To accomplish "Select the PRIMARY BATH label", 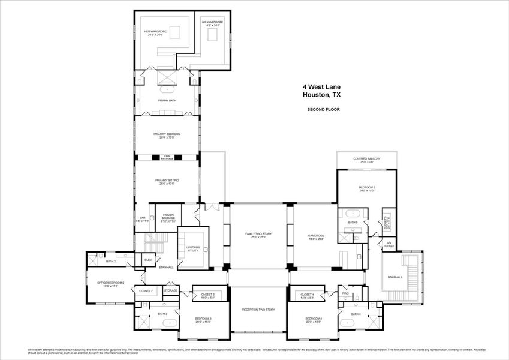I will click(167, 100).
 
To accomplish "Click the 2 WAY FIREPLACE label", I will click(167, 157).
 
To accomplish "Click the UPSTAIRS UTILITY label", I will click(193, 248).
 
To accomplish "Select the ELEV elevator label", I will click(148, 260).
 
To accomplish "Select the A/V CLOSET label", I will click(389, 244).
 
